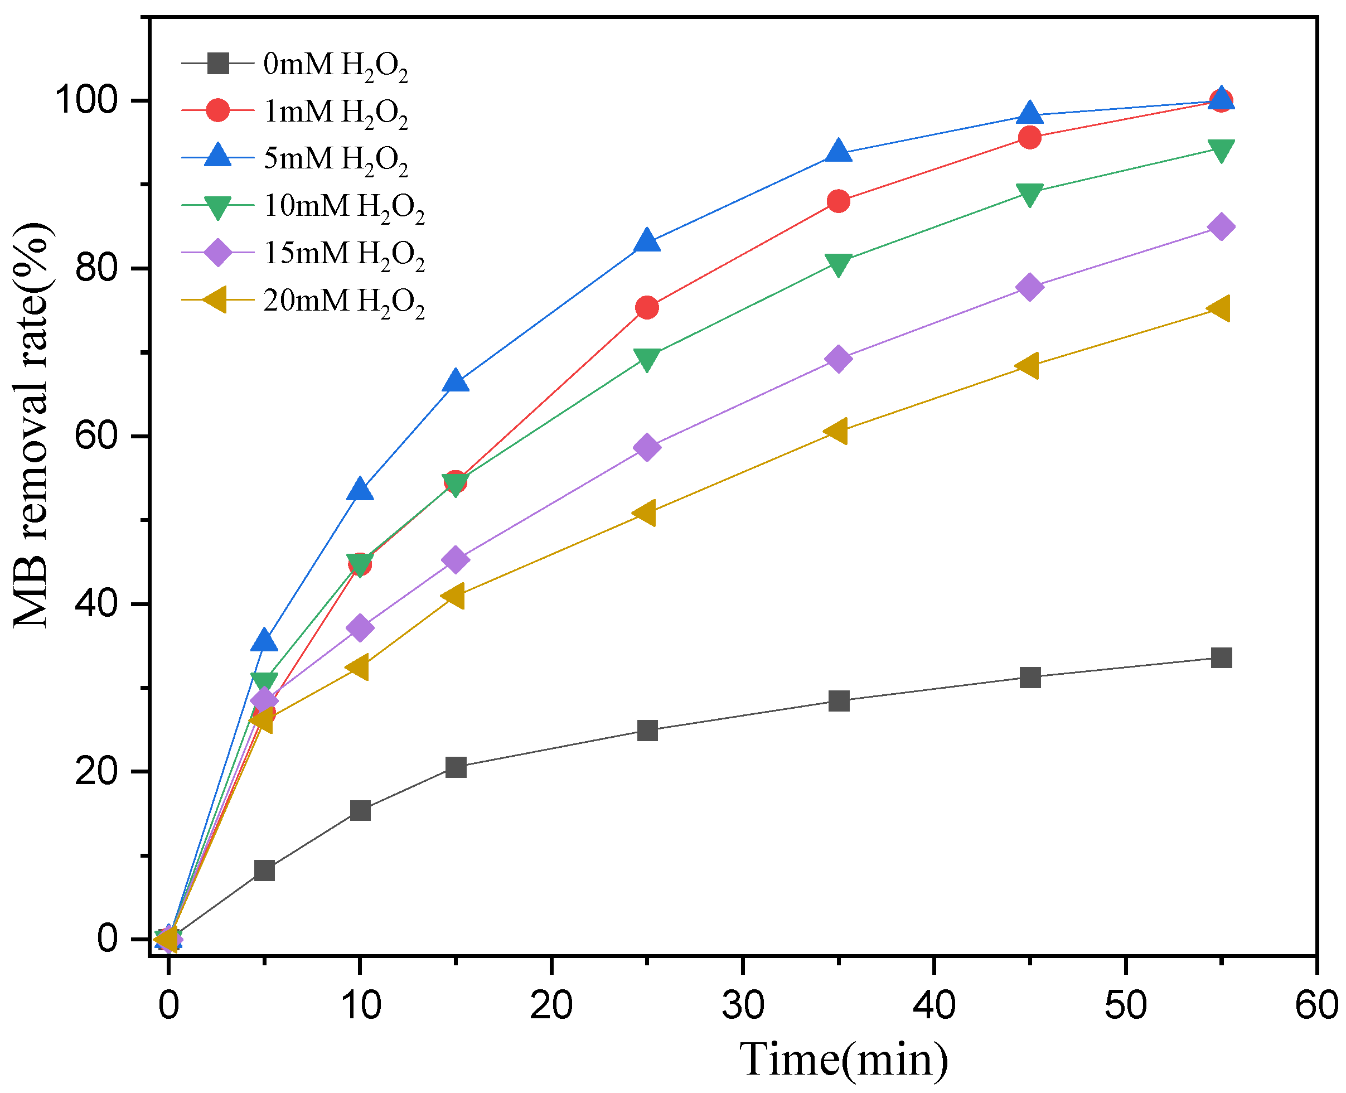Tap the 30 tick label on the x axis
point(743,1005)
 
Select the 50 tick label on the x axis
point(1126,1005)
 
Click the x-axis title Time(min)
point(843,1060)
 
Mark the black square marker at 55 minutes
point(1221,658)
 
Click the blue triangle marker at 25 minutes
point(647,240)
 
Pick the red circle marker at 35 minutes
point(839,201)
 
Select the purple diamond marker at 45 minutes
point(1030,287)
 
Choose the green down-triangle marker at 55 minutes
point(1221,150)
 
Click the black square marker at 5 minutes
point(264,870)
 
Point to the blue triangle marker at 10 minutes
point(360,489)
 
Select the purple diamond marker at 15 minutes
point(456,559)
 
